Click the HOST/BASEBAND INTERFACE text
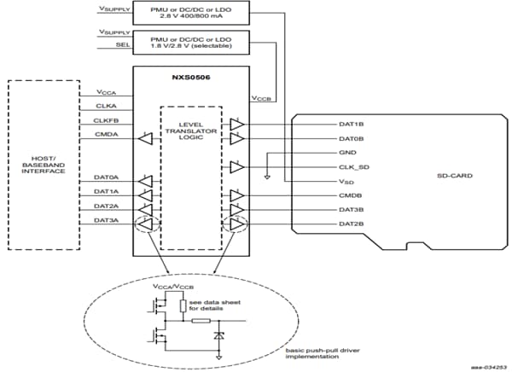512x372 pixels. (44, 166)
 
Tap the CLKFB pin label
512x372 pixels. (105, 121)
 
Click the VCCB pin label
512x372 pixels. (261, 96)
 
